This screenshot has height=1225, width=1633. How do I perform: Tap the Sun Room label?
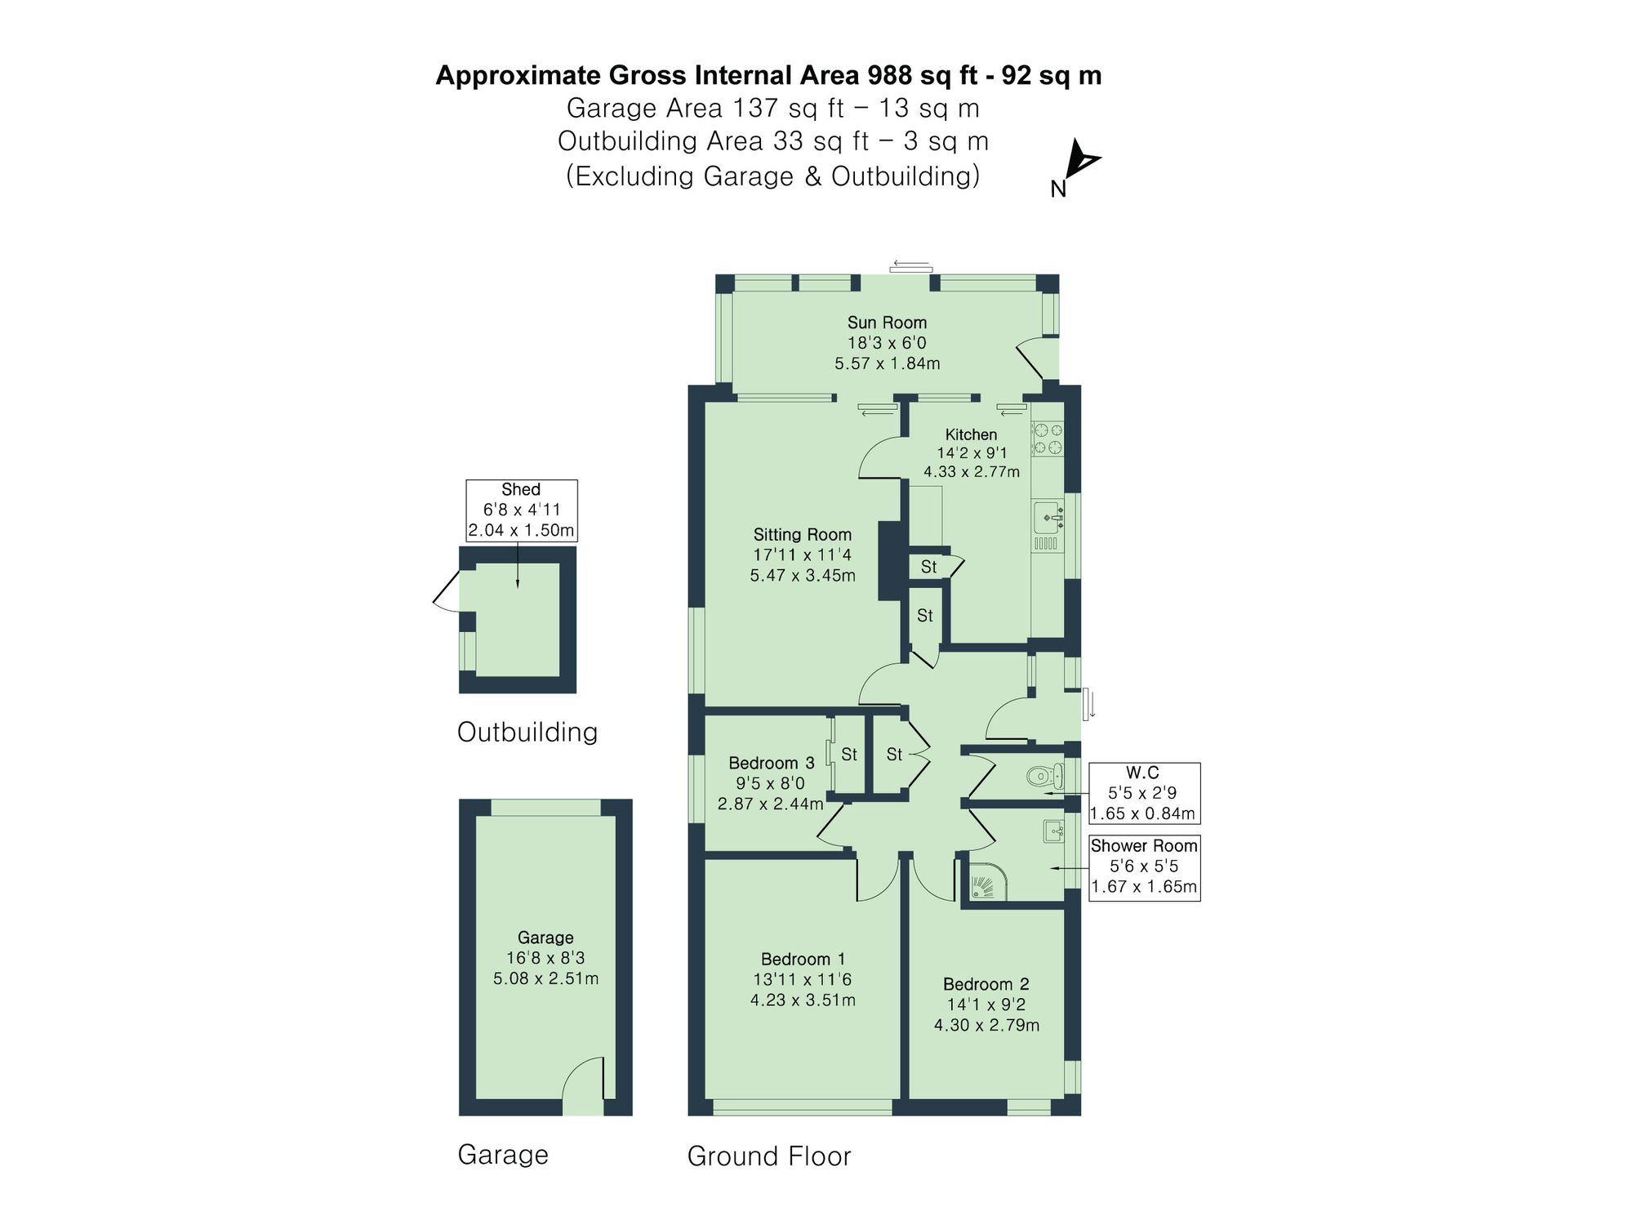887,323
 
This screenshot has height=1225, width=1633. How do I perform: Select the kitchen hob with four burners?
1048,438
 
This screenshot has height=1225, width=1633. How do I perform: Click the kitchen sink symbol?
1048,518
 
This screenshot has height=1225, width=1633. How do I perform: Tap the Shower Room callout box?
1144,866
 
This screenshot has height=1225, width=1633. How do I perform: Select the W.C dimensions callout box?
1143,793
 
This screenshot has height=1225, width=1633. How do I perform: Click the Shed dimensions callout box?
521,510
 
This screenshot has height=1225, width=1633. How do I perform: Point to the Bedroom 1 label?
803,959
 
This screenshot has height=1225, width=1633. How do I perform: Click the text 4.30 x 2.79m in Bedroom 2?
986,1025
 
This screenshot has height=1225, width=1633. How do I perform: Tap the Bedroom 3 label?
771,763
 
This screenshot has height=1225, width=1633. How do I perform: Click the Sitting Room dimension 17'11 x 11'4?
802,555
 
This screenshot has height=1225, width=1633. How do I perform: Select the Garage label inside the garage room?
545,938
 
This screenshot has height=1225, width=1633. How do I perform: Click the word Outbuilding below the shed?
527,732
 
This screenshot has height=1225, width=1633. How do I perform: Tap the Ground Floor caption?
768,1156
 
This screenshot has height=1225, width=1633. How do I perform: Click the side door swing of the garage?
584,1080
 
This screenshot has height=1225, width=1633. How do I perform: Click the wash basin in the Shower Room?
1053,832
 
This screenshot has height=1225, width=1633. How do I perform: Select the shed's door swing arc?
446,592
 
